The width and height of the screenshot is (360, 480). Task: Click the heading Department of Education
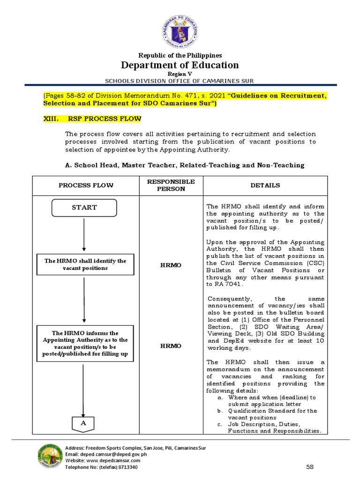click(x=180, y=65)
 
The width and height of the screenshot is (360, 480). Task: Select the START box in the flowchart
click(x=84, y=207)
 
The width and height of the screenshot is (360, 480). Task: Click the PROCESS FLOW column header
click(x=86, y=186)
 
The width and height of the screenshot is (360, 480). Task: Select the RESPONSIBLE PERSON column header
click(x=171, y=185)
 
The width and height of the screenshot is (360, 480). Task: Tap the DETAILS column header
click(x=265, y=186)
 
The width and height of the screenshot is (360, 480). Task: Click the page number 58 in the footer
click(x=309, y=467)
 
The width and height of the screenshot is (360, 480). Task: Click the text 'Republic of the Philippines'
click(x=180, y=55)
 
